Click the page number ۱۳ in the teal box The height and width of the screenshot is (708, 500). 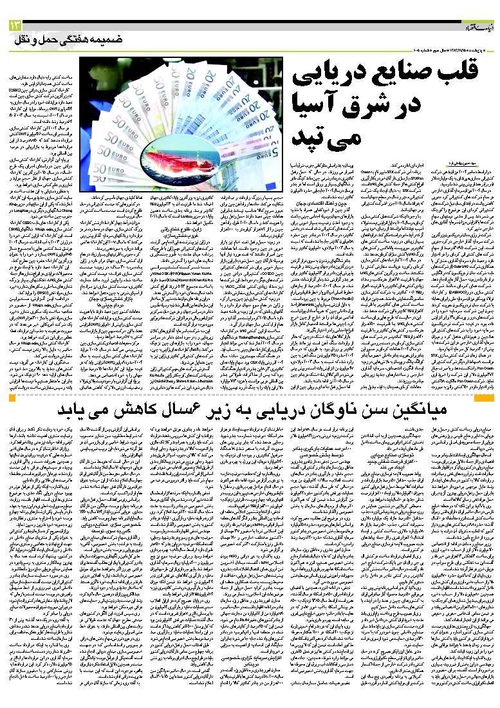pos(15,25)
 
